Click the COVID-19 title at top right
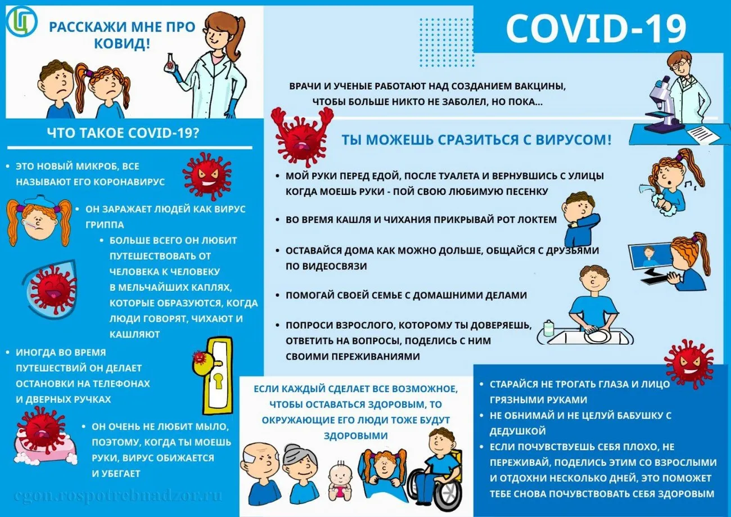tap(595, 29)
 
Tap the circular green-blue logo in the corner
tap(21, 21)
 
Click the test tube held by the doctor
tap(169, 61)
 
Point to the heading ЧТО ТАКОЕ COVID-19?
tap(124, 134)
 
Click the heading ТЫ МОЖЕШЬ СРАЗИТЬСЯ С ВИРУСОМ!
tap(476, 140)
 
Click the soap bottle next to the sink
tap(548, 328)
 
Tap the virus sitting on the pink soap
tap(39, 428)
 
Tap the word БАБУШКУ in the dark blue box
tap(624, 416)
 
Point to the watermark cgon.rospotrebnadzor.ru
tap(118, 496)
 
